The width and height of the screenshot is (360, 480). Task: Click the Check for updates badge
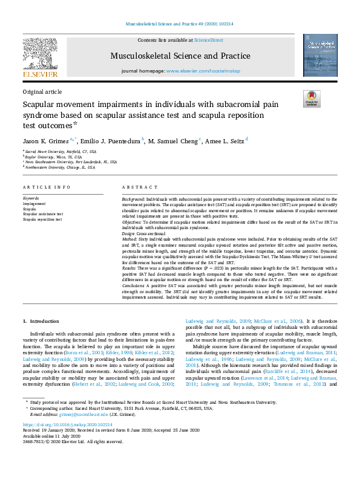pos(312,99)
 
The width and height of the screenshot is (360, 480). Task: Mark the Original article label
pos(42,92)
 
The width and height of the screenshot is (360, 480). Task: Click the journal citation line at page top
pos(180,24)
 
